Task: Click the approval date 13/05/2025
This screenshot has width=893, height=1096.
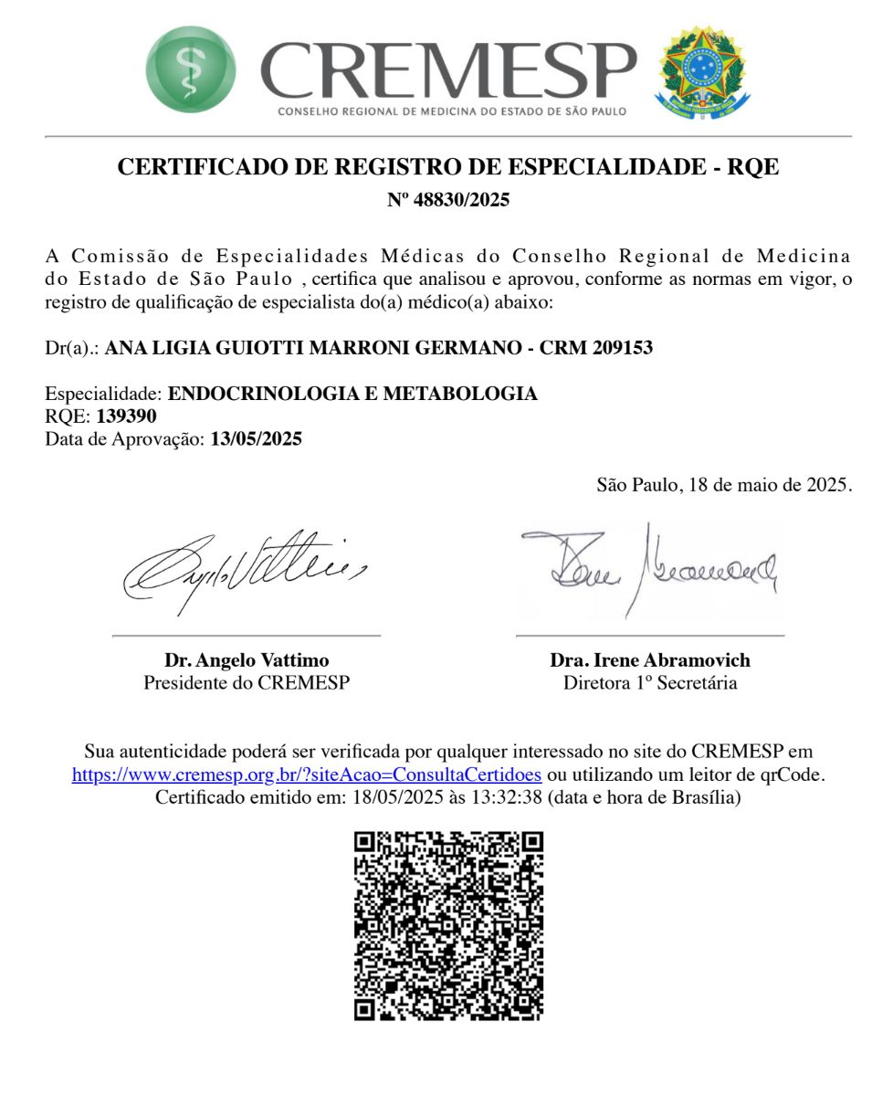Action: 256,438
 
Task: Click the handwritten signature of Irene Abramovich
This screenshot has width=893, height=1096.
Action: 649,566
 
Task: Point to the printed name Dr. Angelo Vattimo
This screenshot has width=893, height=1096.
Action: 247,660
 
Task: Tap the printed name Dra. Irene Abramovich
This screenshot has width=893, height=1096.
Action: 650,660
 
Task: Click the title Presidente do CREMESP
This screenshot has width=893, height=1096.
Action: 247,682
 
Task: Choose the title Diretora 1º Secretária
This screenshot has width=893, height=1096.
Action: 650,682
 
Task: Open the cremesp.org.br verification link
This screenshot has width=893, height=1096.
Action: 307,775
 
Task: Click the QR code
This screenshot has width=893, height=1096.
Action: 447,925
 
